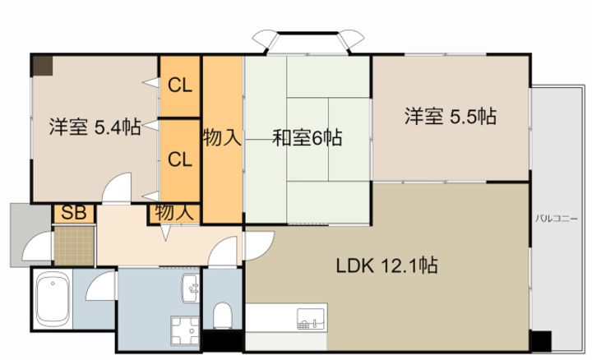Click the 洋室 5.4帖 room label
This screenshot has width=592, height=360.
click(95, 127)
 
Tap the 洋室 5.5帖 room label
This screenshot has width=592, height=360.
click(451, 116)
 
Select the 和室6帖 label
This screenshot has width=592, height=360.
click(308, 137)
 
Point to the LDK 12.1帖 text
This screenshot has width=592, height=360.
click(387, 265)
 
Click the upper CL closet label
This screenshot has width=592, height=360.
click(180, 85)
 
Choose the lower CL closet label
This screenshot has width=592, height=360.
click(180, 159)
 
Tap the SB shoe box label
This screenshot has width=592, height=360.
click(74, 213)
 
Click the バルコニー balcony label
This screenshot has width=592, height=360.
click(557, 219)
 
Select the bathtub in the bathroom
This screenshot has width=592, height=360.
click(53, 299)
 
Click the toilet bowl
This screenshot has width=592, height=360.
click(222, 316)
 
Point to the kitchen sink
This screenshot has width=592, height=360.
click(311, 319)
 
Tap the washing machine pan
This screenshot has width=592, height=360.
click(185, 331)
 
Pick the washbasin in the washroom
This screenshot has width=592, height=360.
click(190, 288)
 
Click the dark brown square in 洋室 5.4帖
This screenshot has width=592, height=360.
click(42, 66)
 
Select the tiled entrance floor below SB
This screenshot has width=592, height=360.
click(74, 246)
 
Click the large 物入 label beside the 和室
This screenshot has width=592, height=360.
click(222, 137)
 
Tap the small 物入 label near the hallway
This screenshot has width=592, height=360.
click(174, 212)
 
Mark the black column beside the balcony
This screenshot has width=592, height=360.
click(541, 341)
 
